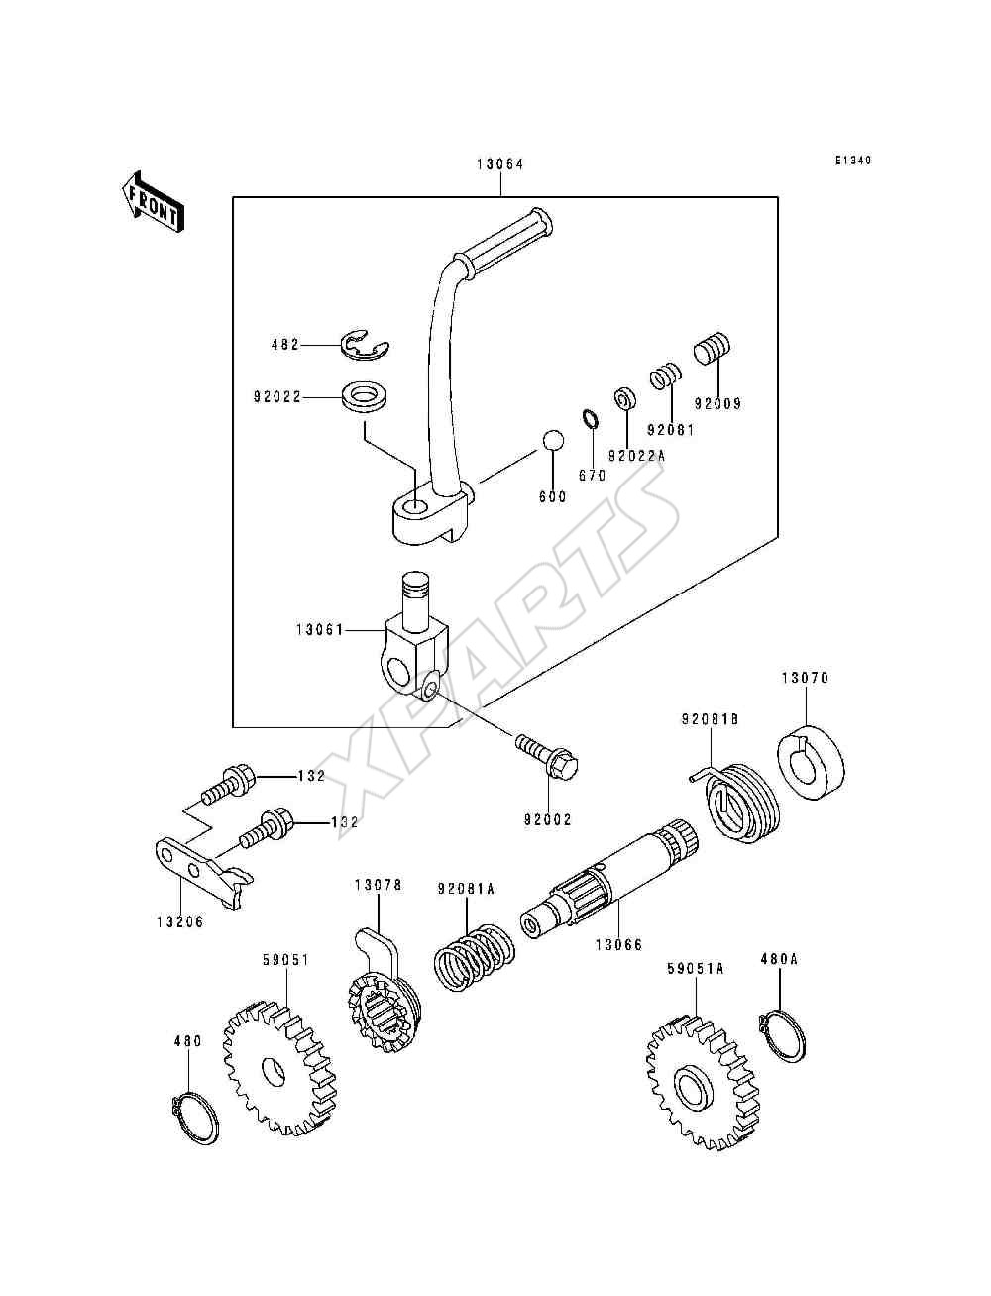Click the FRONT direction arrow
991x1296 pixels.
point(153,202)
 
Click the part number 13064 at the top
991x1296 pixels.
point(500,164)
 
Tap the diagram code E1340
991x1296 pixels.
point(853,161)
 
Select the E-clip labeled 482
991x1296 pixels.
point(365,346)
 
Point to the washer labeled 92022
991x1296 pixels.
point(365,396)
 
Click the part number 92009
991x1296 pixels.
point(717,404)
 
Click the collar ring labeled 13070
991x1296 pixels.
point(809,762)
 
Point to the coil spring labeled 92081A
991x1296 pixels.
point(475,956)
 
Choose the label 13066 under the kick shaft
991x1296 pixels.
point(617,945)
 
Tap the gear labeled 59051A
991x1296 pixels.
point(700,1084)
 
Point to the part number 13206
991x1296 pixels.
point(180,921)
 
